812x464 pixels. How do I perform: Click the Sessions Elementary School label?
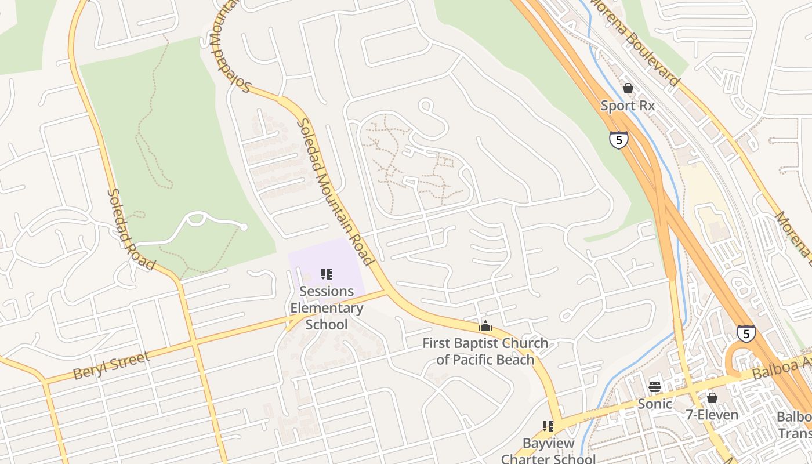327,308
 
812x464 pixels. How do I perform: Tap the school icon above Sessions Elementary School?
327,274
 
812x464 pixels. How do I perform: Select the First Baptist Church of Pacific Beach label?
485,351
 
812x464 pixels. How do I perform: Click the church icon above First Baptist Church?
485,326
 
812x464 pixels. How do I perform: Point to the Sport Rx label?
628,106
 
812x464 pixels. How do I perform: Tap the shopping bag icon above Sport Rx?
628,88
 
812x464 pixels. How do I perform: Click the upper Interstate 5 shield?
619,140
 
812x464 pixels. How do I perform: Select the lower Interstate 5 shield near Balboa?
746,333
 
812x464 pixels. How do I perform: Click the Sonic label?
655,404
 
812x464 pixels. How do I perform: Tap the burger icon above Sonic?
655,386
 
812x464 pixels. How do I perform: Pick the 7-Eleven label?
712,415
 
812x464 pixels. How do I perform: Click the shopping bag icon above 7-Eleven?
712,398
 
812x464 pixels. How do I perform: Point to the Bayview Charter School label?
548,451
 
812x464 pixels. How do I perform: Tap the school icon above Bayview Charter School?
548,426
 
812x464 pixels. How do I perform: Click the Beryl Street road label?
112,365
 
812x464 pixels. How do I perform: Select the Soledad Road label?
131,230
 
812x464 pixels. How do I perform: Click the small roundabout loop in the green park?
196,219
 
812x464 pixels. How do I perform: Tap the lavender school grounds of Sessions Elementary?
342,255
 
